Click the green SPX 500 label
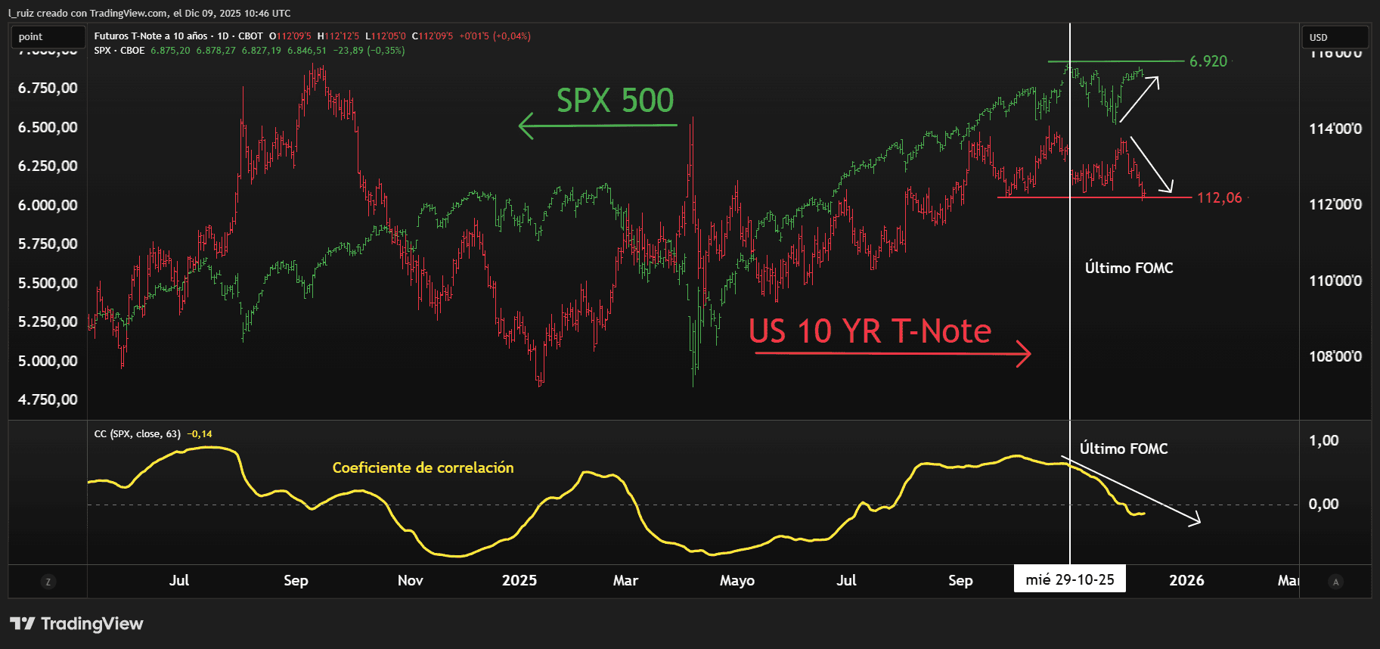coord(615,101)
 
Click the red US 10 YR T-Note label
coord(870,331)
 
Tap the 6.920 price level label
coord(1208,61)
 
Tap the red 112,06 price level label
coord(1219,198)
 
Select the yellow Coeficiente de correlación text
coord(423,468)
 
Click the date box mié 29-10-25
coord(1069,580)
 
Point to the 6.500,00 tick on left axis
coord(48,127)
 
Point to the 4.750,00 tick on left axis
coord(48,399)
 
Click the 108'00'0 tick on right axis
coord(1335,356)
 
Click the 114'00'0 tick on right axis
coord(1335,129)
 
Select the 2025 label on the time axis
coord(519,580)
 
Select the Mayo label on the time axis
coord(737,580)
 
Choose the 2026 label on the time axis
coord(1186,580)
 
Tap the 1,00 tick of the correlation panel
coord(1323,440)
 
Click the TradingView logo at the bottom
coord(76,624)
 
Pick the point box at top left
coord(31,37)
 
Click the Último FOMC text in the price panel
coord(1129,268)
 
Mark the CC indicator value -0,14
coord(201,434)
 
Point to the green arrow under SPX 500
coord(597,126)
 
